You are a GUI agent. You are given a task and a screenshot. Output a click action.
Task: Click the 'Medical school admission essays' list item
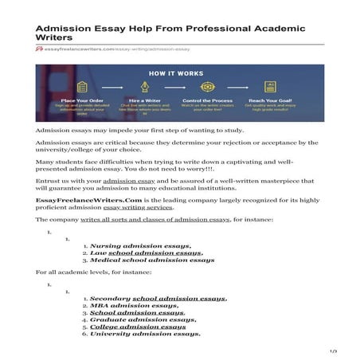click(x=152, y=260)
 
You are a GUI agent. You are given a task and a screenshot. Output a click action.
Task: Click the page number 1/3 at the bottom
click(x=334, y=351)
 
